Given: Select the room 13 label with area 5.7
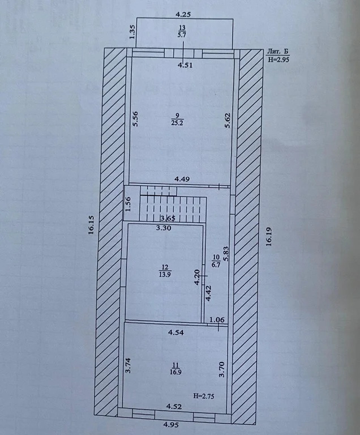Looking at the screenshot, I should [x=182, y=31].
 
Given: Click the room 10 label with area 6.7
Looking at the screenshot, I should [x=216, y=260].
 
